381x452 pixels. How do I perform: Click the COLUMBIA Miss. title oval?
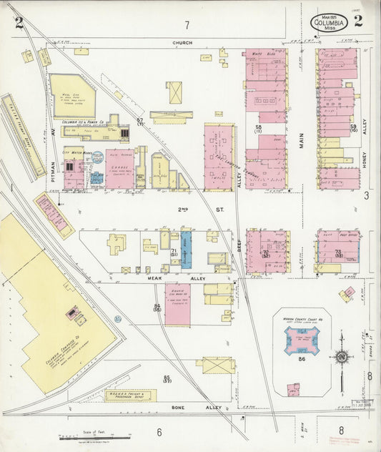point(330,23)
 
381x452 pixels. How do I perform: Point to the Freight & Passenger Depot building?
point(131,395)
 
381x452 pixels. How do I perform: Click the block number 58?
point(258,128)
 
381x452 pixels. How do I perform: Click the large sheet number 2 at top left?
point(19,22)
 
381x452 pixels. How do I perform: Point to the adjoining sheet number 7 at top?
point(187,26)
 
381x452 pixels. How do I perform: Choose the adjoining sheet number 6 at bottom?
point(159,431)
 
